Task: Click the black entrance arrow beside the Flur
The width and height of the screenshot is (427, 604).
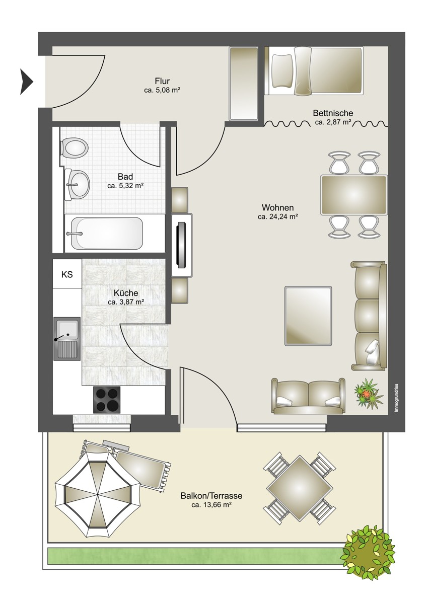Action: pos(26,82)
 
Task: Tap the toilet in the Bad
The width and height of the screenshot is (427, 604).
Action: pos(74,148)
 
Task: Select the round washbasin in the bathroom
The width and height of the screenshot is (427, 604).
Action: pos(77,185)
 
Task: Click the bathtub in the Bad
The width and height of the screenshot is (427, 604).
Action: pos(107,234)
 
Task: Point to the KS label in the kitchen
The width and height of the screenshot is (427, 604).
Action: pos(67,274)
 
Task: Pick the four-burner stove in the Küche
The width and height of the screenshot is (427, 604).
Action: pos(107,400)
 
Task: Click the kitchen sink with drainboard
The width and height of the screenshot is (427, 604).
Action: pos(67,339)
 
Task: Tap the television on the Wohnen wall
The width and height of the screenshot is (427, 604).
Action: pos(182,245)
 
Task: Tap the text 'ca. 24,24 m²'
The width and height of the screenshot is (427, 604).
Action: pos(278,216)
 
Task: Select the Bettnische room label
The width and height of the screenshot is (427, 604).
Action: pos(333,113)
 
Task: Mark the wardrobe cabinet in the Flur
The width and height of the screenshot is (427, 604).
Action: pos(243,84)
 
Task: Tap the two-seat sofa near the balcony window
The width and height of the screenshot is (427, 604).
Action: pos(308,396)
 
